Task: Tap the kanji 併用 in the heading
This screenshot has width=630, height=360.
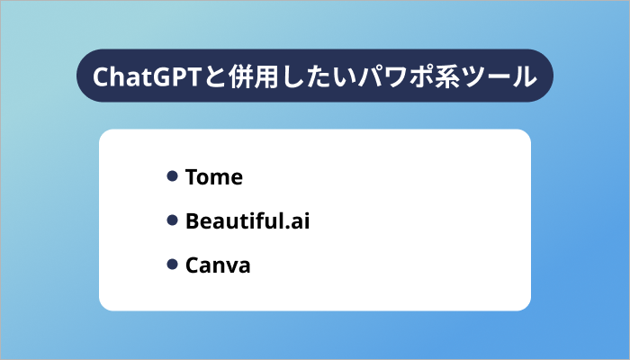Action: (x=242, y=76)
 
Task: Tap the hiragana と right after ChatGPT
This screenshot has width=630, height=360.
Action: (x=202, y=76)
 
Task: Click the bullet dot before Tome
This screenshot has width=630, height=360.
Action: (x=171, y=176)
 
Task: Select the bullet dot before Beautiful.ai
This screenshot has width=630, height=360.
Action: (x=171, y=220)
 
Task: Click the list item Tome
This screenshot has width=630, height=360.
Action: (x=213, y=177)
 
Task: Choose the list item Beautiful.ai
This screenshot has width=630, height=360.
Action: (x=247, y=220)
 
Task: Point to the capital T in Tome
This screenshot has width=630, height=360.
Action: (x=191, y=177)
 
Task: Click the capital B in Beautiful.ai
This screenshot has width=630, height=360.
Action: (x=192, y=220)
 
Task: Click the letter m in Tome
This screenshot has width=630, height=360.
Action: (x=220, y=178)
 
